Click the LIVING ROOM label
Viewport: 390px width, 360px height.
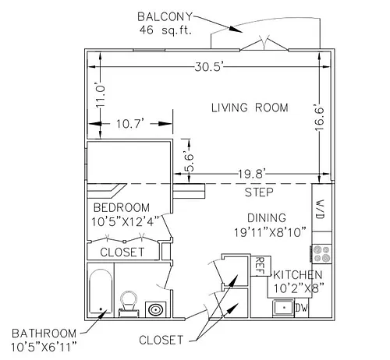(250, 108)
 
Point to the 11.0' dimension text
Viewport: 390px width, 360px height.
(100, 95)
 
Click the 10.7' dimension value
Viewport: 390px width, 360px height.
(129, 124)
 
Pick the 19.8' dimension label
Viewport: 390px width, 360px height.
(250, 174)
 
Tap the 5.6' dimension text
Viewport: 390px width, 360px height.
(189, 162)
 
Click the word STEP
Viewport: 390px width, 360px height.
(259, 192)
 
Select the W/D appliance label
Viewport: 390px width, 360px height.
(320, 209)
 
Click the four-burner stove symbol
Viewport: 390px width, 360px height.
(321, 254)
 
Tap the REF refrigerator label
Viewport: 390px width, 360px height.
(259, 266)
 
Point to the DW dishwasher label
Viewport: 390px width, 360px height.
(301, 308)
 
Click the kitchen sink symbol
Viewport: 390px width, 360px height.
(283, 308)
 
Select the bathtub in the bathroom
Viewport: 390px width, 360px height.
(101, 291)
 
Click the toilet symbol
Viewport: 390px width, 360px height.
(129, 303)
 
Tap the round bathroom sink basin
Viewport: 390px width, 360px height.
(155, 309)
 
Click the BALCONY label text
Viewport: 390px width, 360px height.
(165, 17)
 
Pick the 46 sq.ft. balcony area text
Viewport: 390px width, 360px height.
(165, 30)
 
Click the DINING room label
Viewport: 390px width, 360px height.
(267, 217)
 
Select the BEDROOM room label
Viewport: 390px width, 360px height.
(122, 207)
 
